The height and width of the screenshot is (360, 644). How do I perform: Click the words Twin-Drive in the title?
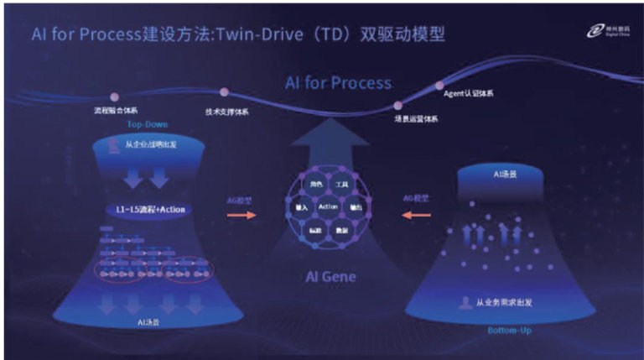268,35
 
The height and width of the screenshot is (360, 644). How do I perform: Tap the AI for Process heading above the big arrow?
338,83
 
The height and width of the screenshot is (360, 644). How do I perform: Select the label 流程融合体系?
117,110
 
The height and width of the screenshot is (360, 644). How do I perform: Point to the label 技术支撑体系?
226,112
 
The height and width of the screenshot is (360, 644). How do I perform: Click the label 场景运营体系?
416,119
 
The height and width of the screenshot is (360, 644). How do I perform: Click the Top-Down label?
148,124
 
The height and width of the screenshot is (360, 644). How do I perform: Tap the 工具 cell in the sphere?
341,184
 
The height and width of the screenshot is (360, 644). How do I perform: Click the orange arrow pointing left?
416,215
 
